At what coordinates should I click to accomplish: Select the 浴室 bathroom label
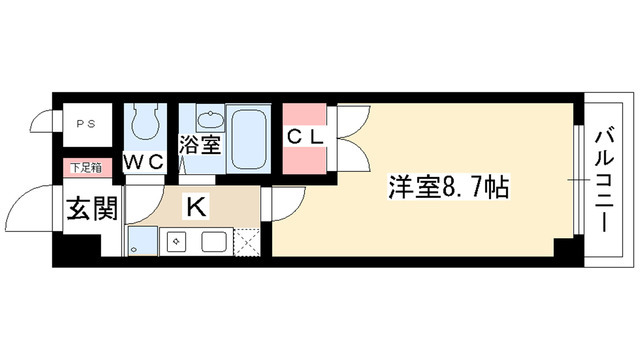(x=200, y=146)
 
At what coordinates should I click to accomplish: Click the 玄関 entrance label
(x=92, y=210)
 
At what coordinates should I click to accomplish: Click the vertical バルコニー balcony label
(x=607, y=179)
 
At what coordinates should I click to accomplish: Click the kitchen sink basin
(x=215, y=242)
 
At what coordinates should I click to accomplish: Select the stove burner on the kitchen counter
(x=177, y=242)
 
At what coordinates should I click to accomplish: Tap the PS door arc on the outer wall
(x=43, y=121)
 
